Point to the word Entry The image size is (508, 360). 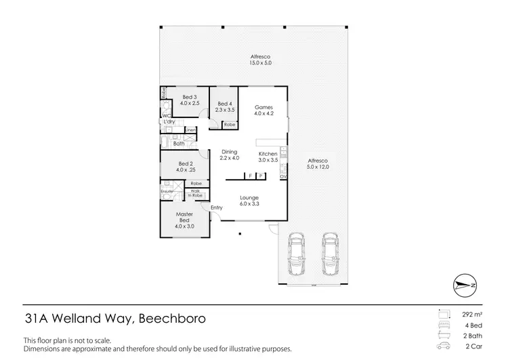216,207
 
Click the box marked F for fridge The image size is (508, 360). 250,176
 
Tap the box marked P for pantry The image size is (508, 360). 261,176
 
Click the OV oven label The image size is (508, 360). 283,177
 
